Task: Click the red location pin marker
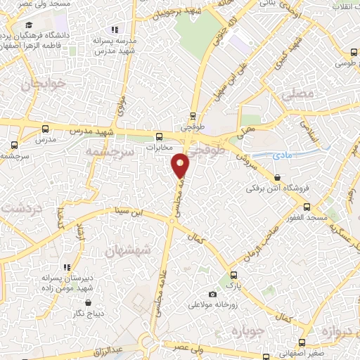[x=181, y=165]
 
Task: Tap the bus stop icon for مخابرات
[x=160, y=136]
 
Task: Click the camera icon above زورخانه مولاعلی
[x=212, y=295]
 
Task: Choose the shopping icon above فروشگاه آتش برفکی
[x=279, y=178]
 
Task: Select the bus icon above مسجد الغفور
[x=307, y=207]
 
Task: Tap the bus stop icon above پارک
[x=234, y=276]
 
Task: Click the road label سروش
[x=241, y=144]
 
